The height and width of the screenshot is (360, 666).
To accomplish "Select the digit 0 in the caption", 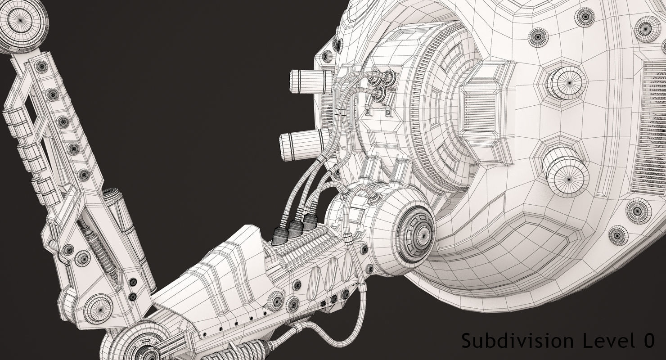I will (648, 341).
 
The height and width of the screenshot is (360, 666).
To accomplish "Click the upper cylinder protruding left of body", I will (311, 81).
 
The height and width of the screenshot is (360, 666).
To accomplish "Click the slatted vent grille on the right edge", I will (652, 126).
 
